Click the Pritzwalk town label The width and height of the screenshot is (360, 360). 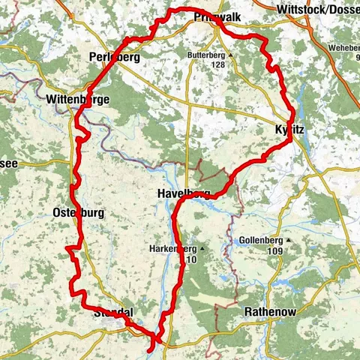pos(214,16)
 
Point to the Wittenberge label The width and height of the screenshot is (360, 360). pos(78,98)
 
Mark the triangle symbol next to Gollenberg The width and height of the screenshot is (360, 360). pos(289,240)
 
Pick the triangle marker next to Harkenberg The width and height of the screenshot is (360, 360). pos(202,248)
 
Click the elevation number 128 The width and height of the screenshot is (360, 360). pos(218,65)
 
